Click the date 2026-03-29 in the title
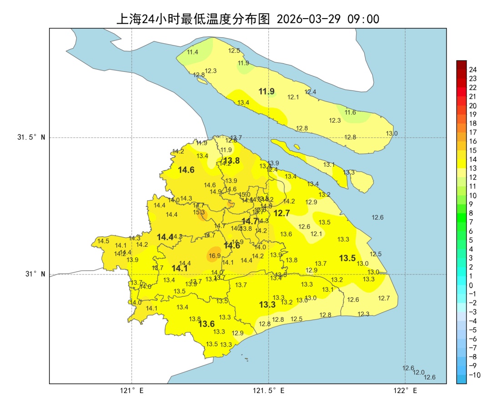(309, 19)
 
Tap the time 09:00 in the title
(363, 19)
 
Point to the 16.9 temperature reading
(215, 256)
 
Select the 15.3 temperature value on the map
(199, 212)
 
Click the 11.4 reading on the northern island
(193, 52)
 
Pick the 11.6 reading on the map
(350, 112)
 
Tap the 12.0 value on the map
(419, 372)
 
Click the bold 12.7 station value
(281, 213)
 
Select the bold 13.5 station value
(347, 258)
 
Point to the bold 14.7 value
(250, 221)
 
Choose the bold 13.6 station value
(206, 324)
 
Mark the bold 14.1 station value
(180, 269)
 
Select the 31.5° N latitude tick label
(31, 137)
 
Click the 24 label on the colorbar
(473, 70)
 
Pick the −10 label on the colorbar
(474, 375)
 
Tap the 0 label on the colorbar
(471, 285)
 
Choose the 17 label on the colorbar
(473, 132)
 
